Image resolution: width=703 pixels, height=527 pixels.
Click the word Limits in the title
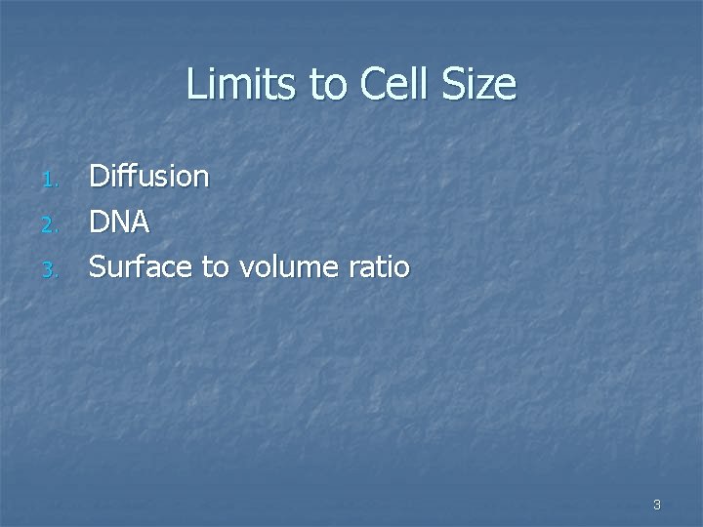(243, 85)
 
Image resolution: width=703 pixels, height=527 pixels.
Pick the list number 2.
(53, 224)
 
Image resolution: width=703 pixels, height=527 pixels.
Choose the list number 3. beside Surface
(53, 267)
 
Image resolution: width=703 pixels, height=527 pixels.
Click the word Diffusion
(149, 177)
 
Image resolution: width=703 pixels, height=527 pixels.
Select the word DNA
(120, 222)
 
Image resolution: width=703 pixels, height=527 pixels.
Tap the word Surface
(141, 265)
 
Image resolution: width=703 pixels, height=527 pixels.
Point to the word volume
(289, 265)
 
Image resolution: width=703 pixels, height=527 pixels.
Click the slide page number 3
(657, 505)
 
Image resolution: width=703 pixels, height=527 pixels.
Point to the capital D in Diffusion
(100, 177)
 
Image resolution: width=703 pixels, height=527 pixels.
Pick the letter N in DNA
(120, 222)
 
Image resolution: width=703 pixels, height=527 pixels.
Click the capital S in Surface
(99, 265)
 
